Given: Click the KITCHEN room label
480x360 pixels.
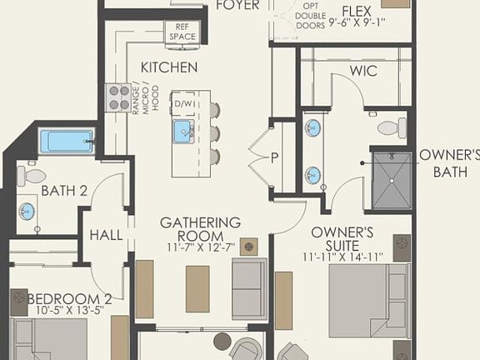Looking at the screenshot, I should [x=169, y=67].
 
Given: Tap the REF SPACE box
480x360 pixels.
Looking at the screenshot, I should [x=182, y=32].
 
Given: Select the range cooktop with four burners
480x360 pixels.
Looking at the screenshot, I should [x=119, y=97].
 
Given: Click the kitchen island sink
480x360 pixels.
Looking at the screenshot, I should [x=183, y=131].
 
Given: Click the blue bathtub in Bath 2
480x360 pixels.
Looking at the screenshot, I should [x=67, y=140].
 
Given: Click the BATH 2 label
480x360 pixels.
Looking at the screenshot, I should [x=64, y=190].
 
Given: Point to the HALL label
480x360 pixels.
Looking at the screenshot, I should [x=106, y=236].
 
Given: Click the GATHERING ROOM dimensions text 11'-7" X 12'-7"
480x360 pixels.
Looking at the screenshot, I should [x=200, y=247].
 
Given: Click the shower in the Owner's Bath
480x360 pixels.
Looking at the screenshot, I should [x=391, y=180].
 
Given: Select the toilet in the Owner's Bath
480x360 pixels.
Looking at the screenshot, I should [x=391, y=127].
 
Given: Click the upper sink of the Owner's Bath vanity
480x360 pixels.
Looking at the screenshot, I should [x=312, y=128].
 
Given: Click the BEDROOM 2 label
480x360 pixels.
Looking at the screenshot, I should [x=69, y=298].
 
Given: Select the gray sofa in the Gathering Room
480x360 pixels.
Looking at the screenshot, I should [x=249, y=287].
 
